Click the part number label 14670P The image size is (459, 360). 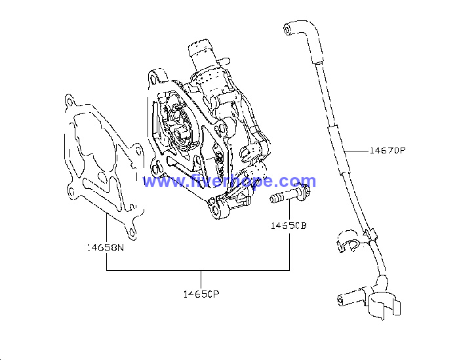pos(388,150)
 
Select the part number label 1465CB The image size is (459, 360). pos(289,226)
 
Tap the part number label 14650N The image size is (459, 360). pos(106,248)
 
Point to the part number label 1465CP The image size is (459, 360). pos(201,294)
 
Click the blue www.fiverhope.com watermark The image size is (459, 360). pos(229,181)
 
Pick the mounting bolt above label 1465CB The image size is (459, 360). pos(290,194)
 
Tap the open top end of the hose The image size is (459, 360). pos(287,29)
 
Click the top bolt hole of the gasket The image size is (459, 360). pos(70,102)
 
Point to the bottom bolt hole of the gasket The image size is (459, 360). pos(132,233)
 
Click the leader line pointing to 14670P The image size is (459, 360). pos(356,151)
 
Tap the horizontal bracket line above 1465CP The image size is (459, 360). pos(198,270)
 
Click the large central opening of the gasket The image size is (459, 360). pos(93,138)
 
